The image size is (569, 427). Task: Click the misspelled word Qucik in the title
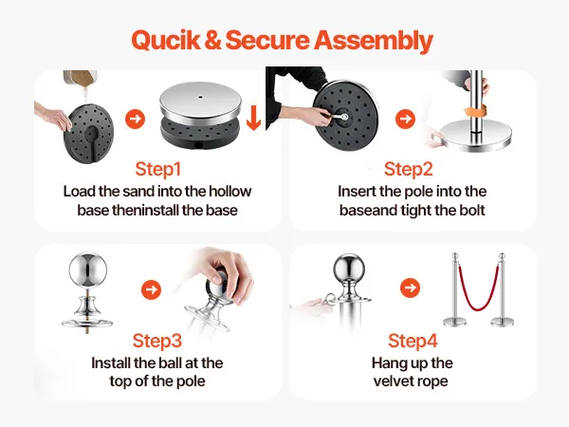165,40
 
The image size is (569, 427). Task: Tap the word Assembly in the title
374,41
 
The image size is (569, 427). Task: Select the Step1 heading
157,169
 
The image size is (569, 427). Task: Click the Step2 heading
408,169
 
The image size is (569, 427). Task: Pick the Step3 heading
157,341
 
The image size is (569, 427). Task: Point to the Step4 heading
413,341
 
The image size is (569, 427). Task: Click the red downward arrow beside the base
253,118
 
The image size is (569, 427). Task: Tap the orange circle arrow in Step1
135,119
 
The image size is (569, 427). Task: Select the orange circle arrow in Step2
405,119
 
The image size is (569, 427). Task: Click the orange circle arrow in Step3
151,289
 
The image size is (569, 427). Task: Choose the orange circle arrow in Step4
410,288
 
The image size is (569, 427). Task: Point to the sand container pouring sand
80,78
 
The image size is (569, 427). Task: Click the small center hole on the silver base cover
200,97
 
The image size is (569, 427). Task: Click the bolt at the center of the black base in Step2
343,117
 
